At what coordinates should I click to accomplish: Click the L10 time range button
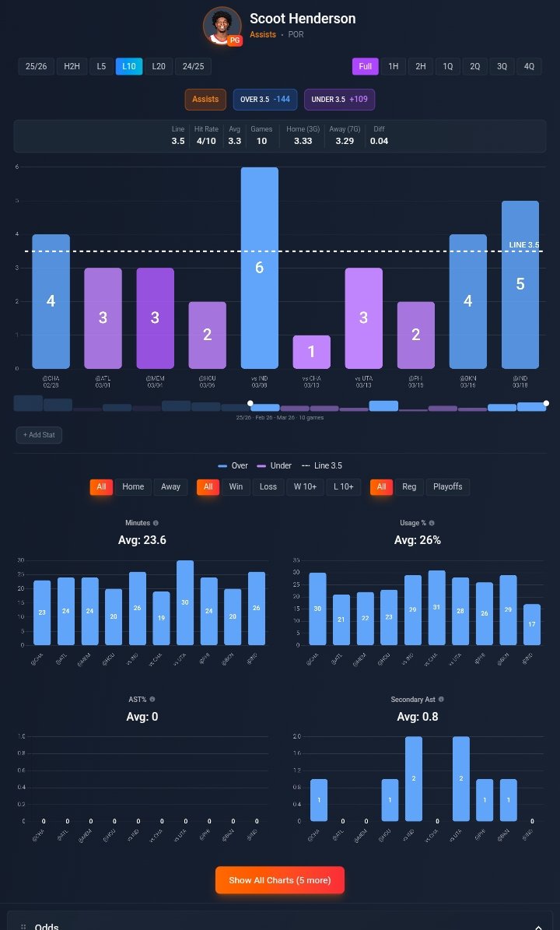pyautogui.click(x=129, y=66)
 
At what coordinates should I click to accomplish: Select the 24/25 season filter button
pyautogui.click(x=193, y=66)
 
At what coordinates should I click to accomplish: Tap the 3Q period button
pyautogui.click(x=502, y=66)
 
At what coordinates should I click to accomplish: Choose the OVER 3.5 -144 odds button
pyautogui.click(x=265, y=100)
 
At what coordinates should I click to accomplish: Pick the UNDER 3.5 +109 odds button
pyautogui.click(x=339, y=100)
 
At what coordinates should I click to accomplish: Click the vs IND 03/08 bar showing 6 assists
pyautogui.click(x=259, y=268)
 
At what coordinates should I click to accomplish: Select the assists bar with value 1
pyautogui.click(x=311, y=352)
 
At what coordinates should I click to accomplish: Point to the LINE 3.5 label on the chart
pyautogui.click(x=523, y=244)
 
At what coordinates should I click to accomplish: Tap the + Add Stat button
pyautogui.click(x=39, y=435)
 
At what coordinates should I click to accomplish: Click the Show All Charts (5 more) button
pyautogui.click(x=279, y=880)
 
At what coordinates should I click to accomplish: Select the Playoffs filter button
pyautogui.click(x=447, y=486)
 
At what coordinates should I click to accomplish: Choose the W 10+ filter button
pyautogui.click(x=304, y=486)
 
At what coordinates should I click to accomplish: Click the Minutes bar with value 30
pyautogui.click(x=185, y=602)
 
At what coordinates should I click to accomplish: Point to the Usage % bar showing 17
pyautogui.click(x=531, y=624)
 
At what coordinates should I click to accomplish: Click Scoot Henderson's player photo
pyautogui.click(x=222, y=26)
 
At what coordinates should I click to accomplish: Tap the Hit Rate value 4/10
pyautogui.click(x=206, y=141)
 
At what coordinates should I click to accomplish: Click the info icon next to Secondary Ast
pyautogui.click(x=441, y=700)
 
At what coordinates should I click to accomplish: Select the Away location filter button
pyautogui.click(x=170, y=486)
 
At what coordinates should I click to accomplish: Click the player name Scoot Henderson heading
pyautogui.click(x=302, y=19)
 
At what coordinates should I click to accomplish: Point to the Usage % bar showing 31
pyautogui.click(x=436, y=608)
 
